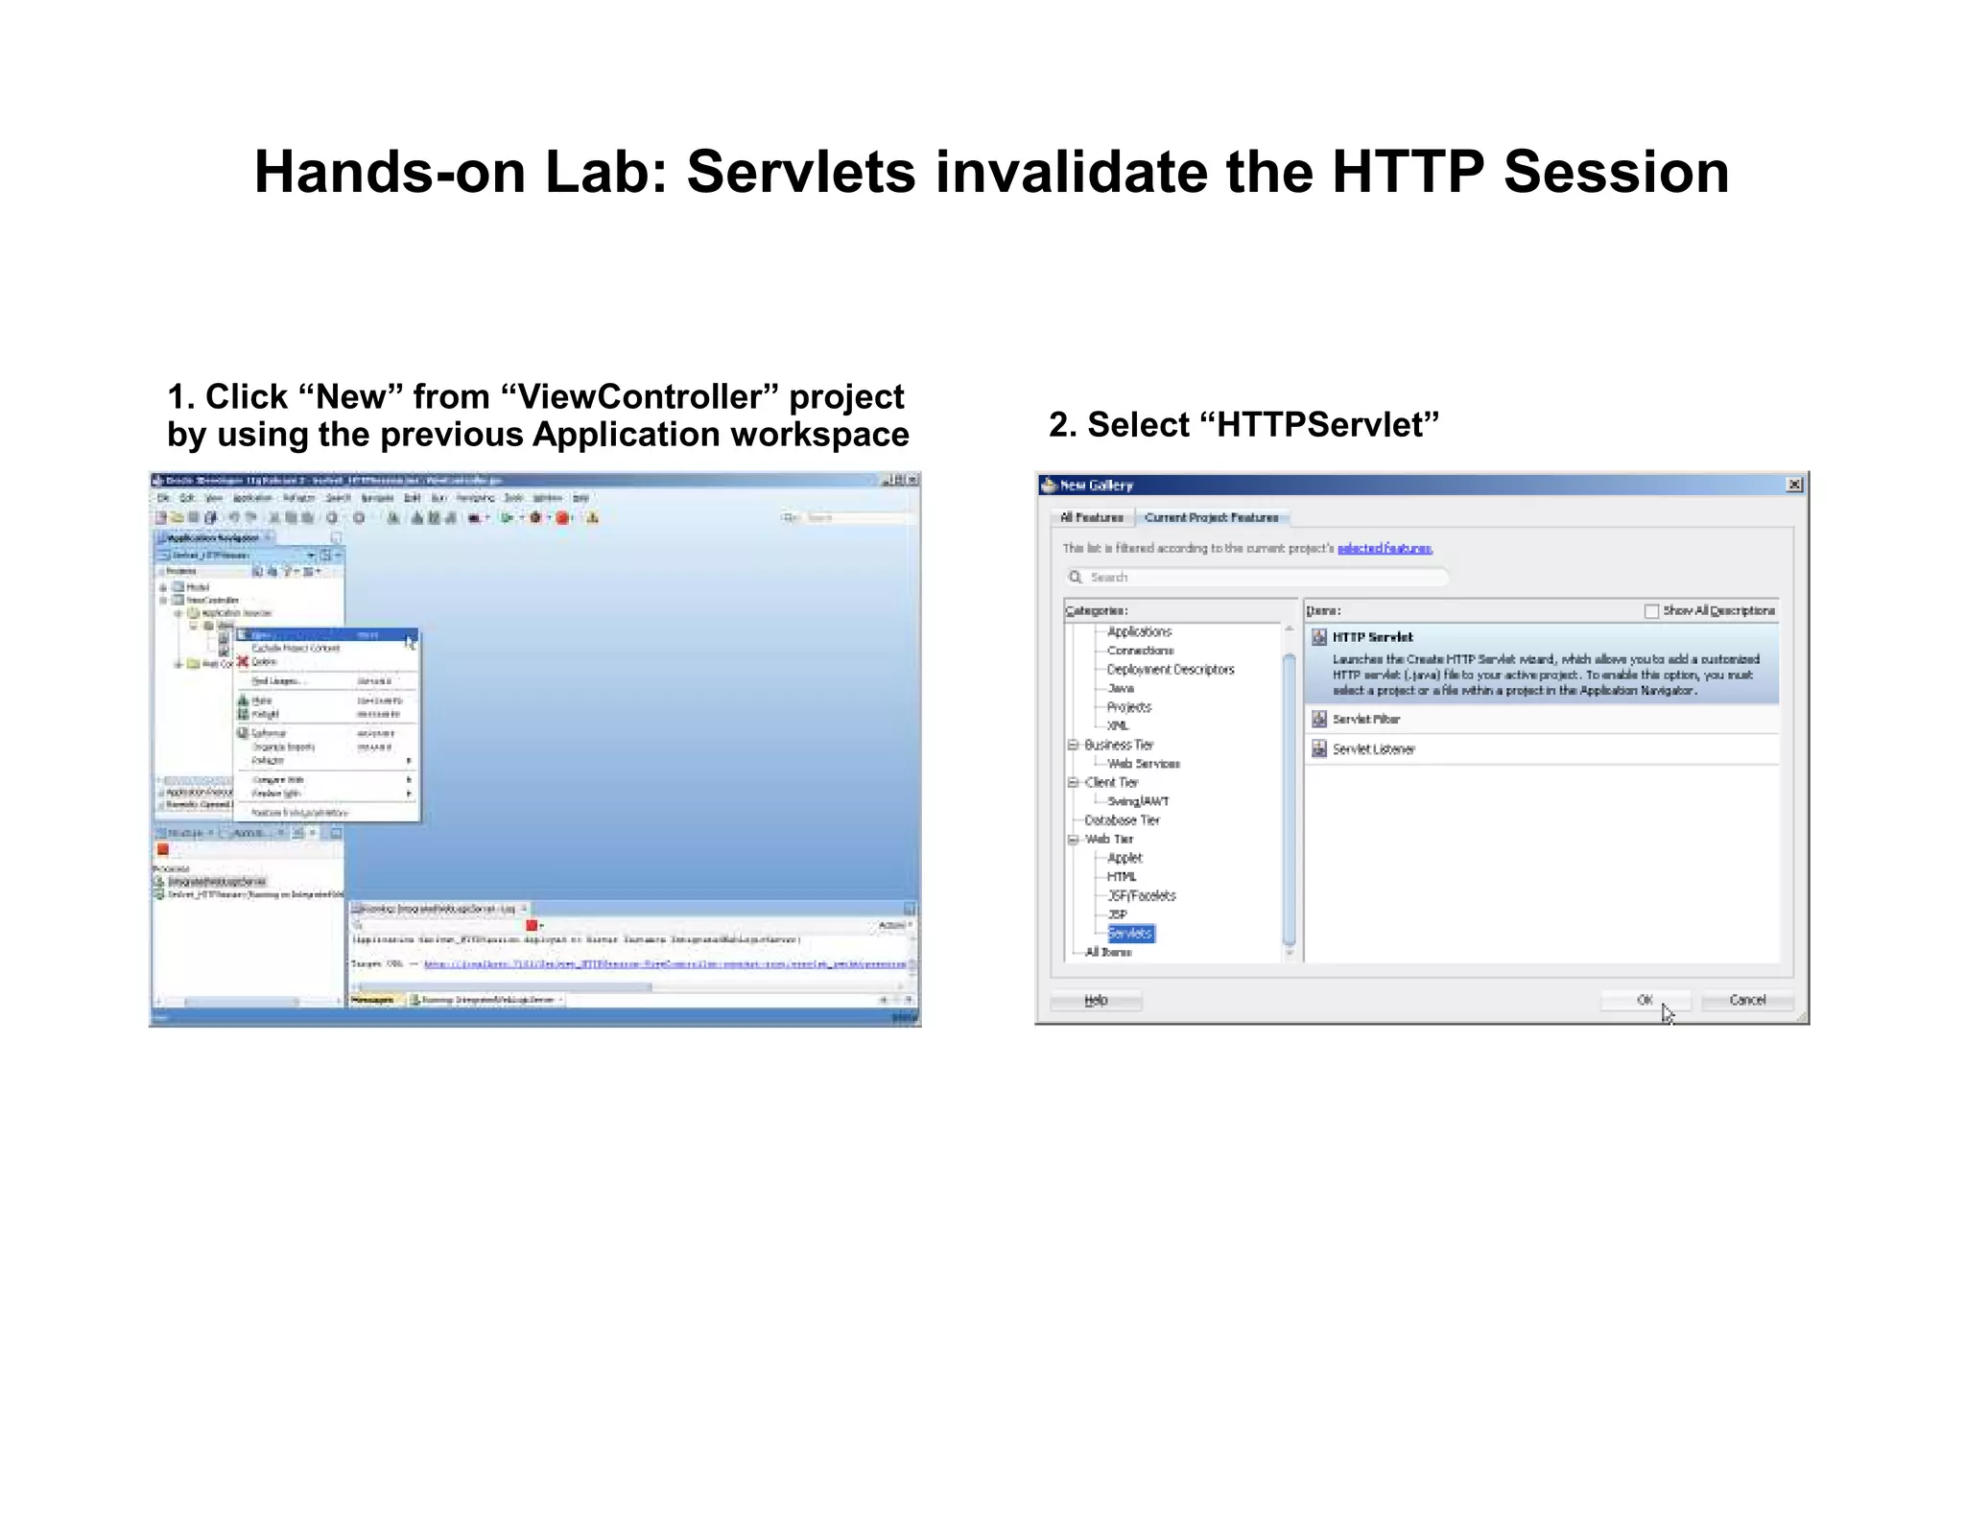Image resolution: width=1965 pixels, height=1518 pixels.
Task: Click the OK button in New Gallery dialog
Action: tap(1645, 1000)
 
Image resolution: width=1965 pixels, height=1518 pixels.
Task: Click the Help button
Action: tap(1096, 1000)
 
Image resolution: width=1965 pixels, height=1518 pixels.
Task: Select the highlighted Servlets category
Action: tap(1130, 934)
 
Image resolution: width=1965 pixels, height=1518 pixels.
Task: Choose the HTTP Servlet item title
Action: tap(1372, 637)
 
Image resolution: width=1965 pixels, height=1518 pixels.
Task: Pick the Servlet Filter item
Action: tap(1365, 719)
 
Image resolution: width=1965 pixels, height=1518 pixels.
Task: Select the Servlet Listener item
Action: tap(1373, 749)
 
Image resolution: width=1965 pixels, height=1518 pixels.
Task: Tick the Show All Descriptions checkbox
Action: tap(1651, 611)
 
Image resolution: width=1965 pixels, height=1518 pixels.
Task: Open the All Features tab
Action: tap(1091, 517)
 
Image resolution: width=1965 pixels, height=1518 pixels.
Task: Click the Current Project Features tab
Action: tap(1211, 517)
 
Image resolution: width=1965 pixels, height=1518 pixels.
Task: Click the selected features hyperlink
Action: tap(1385, 548)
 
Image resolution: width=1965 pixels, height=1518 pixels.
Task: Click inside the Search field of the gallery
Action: tap(1257, 577)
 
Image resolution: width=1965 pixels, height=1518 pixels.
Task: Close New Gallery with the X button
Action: tap(1794, 485)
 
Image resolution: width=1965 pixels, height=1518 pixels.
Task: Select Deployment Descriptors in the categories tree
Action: tap(1170, 670)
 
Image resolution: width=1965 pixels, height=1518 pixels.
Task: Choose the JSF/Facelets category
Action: tap(1141, 895)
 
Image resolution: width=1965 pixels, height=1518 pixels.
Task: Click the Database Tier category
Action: tap(1122, 820)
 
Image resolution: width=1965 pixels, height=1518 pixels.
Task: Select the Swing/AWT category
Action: tap(1138, 801)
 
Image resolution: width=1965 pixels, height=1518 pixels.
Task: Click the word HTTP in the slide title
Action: tap(1407, 173)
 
